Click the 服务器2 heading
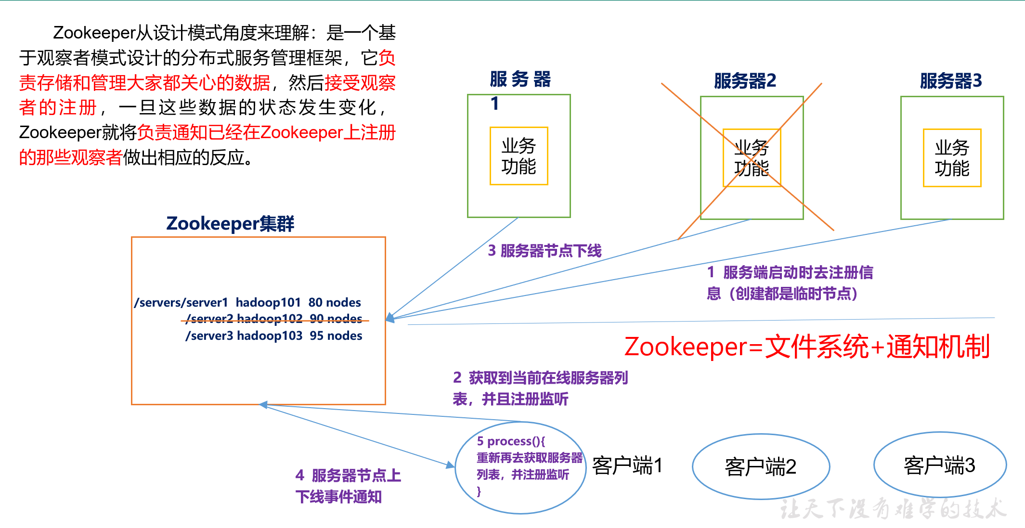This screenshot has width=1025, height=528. (745, 81)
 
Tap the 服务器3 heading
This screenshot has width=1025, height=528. (950, 81)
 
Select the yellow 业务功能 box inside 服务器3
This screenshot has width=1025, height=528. (952, 158)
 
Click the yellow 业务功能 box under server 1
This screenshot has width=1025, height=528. (519, 156)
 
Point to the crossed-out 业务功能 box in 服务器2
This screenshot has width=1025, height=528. (752, 158)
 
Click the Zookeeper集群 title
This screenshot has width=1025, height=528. (230, 224)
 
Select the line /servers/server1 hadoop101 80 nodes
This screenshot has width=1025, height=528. (247, 302)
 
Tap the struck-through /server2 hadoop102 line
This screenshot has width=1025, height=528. (274, 319)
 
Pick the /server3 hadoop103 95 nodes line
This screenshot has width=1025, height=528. (274, 335)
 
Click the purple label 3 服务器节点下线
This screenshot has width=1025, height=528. (545, 251)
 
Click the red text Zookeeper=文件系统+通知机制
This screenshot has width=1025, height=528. (807, 347)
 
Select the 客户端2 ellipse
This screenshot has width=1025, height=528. (761, 466)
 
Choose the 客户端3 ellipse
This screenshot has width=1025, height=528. (940, 465)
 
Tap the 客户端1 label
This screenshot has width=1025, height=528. (627, 465)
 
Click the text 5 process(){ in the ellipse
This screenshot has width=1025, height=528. (511, 441)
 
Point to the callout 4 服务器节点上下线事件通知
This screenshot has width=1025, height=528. (348, 486)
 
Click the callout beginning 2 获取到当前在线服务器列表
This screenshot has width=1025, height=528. (540, 388)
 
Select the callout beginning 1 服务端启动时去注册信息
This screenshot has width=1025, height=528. (790, 283)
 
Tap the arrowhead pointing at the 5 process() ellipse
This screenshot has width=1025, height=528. (451, 465)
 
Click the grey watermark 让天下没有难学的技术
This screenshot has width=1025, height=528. (893, 509)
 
